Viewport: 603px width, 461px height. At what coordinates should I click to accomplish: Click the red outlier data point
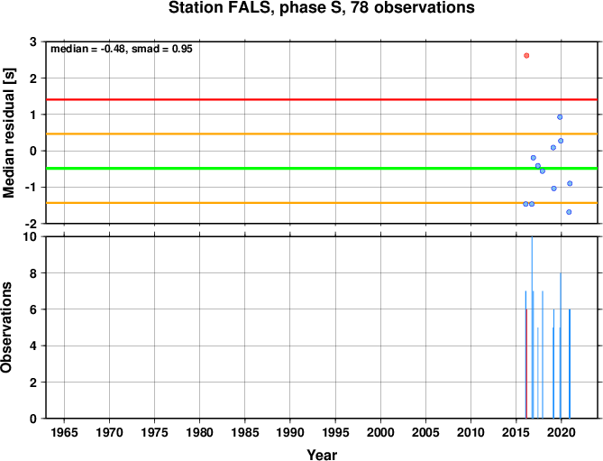click(526, 55)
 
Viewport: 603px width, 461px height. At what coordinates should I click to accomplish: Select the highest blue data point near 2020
click(560, 117)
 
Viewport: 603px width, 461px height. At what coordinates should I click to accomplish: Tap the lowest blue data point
click(569, 212)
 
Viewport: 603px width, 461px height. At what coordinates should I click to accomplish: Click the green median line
click(322, 168)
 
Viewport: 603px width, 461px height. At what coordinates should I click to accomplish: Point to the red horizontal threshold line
click(322, 99)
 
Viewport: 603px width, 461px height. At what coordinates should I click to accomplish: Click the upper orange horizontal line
click(322, 134)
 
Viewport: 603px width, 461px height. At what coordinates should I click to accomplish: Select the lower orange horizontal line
click(322, 203)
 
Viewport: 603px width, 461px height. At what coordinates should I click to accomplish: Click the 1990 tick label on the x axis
click(290, 432)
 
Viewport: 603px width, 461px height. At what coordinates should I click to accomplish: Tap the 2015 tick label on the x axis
click(516, 432)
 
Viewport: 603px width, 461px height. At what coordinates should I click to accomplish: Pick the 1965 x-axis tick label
click(64, 432)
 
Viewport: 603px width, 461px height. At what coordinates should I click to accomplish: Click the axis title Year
click(322, 455)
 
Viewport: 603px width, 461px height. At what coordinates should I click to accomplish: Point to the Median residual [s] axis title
click(9, 133)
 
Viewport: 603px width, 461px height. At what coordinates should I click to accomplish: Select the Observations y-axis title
click(6, 327)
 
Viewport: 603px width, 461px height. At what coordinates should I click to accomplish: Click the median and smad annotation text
click(122, 49)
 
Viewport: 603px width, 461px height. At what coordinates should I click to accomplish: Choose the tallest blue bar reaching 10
click(532, 327)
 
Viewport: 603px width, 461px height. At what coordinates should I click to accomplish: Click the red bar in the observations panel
click(526, 364)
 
